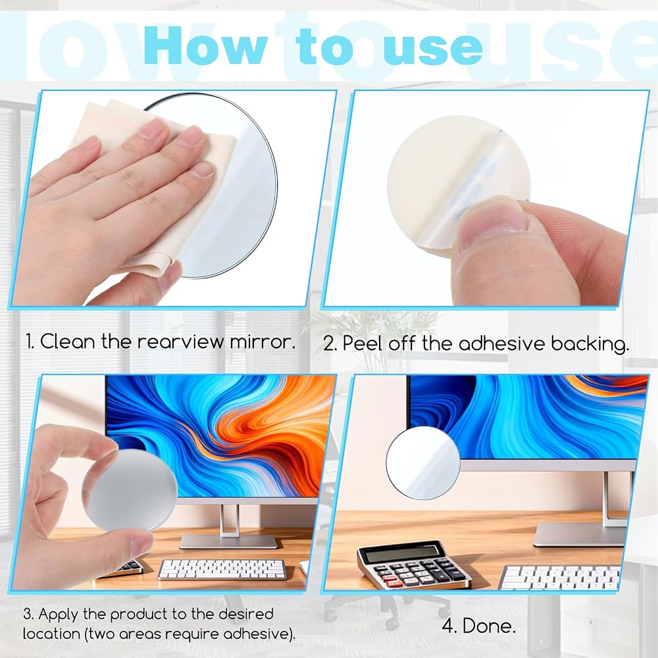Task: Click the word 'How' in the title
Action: [205, 45]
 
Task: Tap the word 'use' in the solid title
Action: [436, 49]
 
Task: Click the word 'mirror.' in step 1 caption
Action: [263, 342]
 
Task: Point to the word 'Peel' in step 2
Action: [363, 343]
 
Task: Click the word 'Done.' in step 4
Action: [489, 626]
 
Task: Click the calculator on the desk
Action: [413, 565]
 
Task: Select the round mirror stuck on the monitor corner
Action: [422, 463]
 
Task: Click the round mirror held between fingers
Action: [130, 490]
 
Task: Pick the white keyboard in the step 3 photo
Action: [222, 569]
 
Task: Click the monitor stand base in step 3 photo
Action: [229, 542]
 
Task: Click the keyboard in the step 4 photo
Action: [559, 578]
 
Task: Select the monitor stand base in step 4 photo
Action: [579, 534]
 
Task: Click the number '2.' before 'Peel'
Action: [331, 344]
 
